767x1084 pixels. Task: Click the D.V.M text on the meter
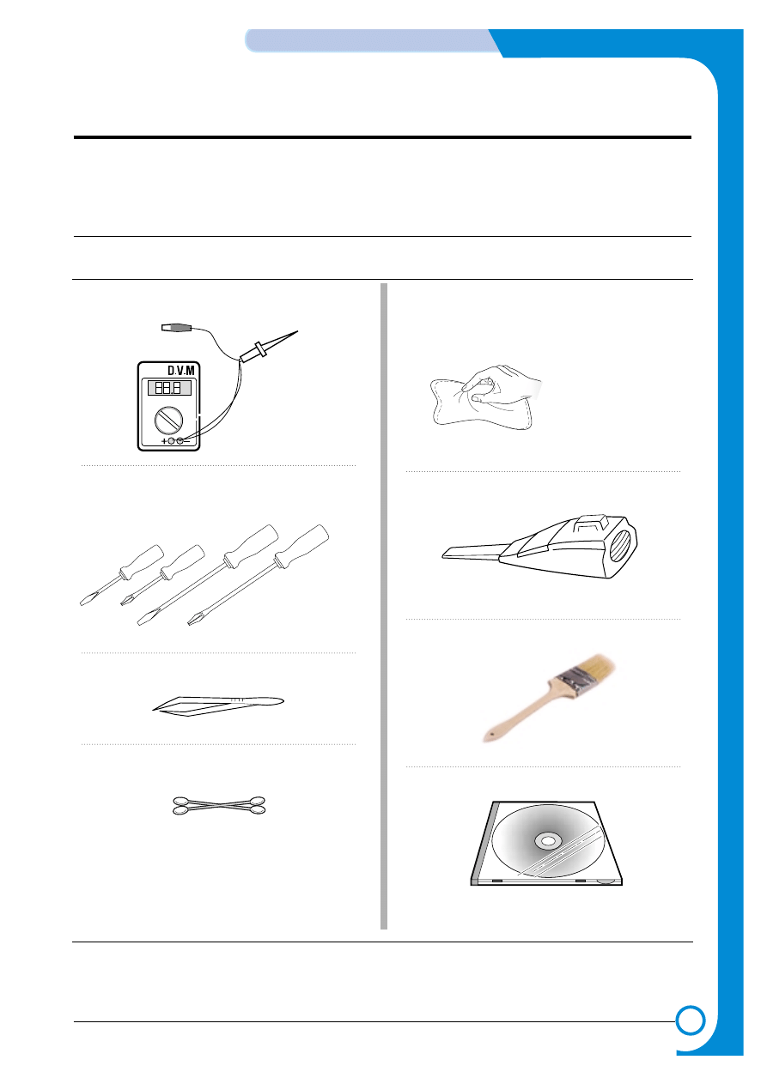pos(180,371)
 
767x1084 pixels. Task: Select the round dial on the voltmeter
pos(168,420)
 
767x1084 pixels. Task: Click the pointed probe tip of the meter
pos(297,331)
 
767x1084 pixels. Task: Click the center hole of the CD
pos(548,842)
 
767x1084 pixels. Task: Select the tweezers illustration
pos(218,706)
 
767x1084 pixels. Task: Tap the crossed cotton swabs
pos(219,805)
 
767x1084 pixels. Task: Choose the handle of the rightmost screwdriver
pos(301,545)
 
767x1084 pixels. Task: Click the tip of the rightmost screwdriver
pos(191,623)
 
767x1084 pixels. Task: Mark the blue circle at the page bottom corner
pos(690,1021)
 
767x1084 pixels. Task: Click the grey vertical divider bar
pos(384,606)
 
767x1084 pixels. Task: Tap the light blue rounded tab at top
pos(374,40)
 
